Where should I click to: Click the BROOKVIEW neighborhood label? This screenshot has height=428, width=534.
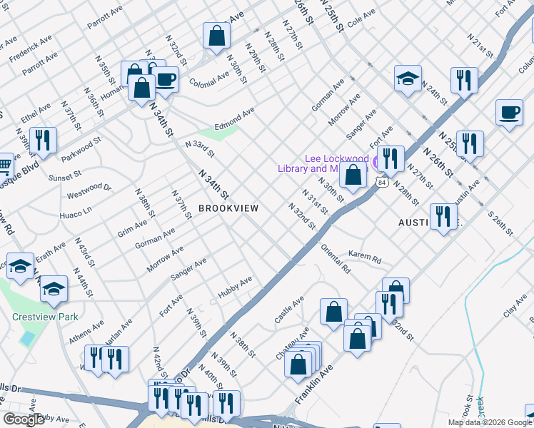click(228, 208)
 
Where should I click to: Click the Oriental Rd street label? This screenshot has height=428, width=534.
click(336, 260)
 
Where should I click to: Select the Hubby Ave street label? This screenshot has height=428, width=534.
click(235, 288)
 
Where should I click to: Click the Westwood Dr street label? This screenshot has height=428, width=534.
click(89, 190)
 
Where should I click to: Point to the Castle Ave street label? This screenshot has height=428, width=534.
click(289, 310)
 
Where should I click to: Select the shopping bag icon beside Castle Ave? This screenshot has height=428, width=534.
click(333, 312)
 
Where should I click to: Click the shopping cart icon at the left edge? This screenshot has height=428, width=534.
click(4, 165)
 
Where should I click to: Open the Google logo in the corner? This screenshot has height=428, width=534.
click(24, 419)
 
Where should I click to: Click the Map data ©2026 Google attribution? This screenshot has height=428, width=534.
click(490, 422)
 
